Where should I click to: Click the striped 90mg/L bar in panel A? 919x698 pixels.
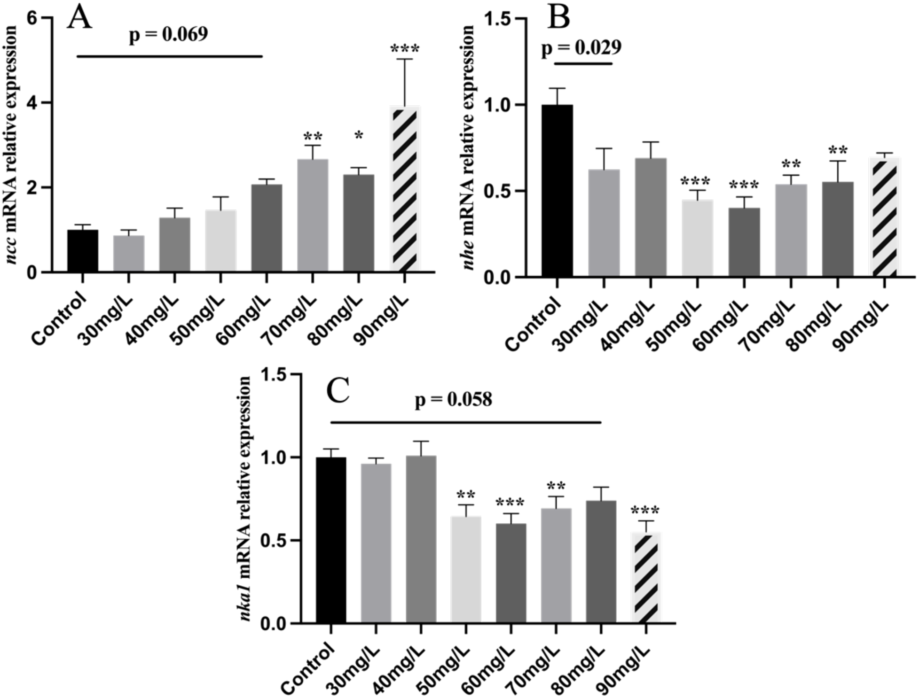(405, 189)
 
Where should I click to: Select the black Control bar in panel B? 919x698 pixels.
(557, 191)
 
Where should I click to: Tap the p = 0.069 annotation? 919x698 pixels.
(168, 34)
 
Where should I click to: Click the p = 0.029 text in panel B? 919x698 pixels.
(581, 47)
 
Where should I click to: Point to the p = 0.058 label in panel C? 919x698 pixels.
(453, 400)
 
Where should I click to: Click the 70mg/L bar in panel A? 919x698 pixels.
(313, 215)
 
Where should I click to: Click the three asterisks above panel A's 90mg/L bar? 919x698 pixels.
(405, 49)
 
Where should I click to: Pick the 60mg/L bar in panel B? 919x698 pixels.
(744, 242)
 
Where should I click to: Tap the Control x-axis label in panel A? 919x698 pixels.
(60, 319)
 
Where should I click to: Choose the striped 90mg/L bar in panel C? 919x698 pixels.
(645, 578)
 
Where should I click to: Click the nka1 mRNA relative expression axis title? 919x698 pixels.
(245, 498)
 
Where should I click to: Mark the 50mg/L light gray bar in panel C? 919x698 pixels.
(466, 569)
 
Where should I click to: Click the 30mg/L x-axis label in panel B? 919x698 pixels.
(582, 324)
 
